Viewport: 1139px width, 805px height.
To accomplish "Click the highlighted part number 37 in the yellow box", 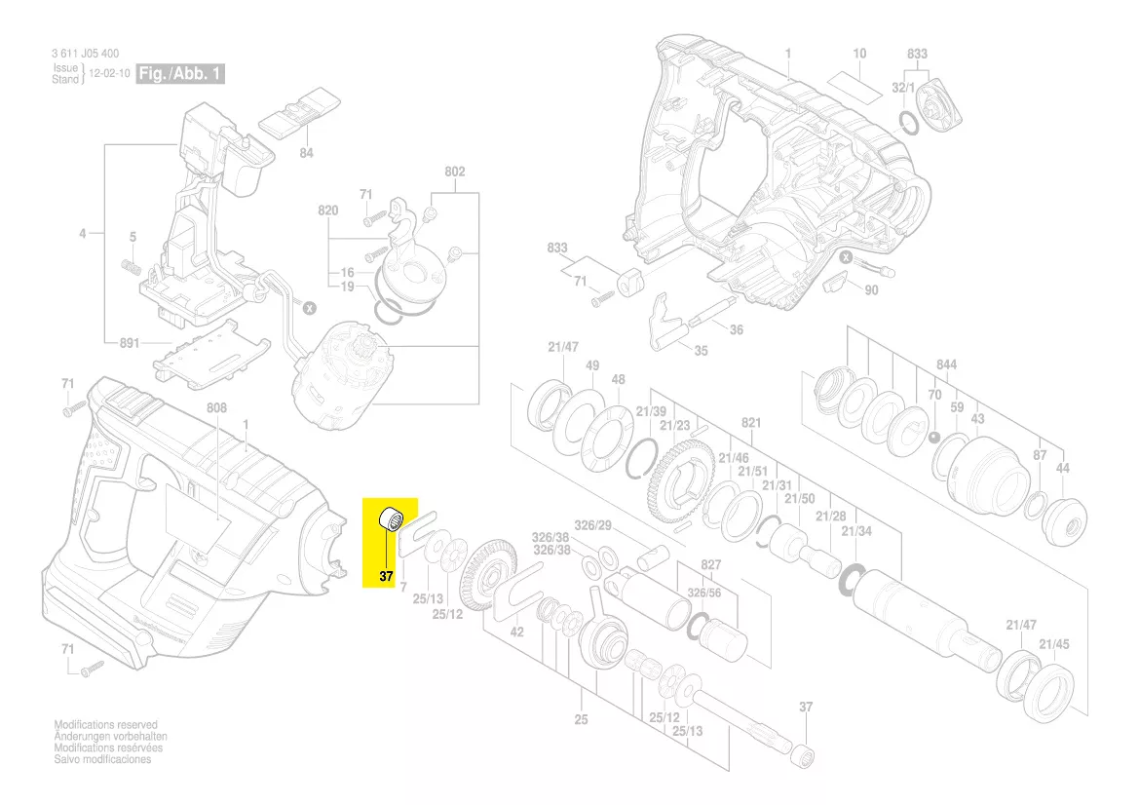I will tap(386, 576).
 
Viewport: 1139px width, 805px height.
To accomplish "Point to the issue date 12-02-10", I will tap(110, 74).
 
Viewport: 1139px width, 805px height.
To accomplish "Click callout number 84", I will tap(306, 153).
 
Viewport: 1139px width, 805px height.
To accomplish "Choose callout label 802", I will tap(455, 172).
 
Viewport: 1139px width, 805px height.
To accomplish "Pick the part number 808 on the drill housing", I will tap(216, 407).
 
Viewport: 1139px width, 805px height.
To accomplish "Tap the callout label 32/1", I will tap(904, 88).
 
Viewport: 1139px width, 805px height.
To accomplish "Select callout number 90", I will tap(871, 290).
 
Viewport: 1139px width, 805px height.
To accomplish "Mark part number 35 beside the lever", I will tap(702, 350).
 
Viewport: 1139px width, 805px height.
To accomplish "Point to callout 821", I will tap(750, 424).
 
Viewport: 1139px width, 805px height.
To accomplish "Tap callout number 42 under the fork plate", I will tap(517, 632).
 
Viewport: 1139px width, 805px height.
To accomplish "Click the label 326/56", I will tap(703, 592).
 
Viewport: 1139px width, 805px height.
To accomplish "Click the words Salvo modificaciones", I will tap(103, 759).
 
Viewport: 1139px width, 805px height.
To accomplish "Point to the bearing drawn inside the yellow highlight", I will tap(392, 518).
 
